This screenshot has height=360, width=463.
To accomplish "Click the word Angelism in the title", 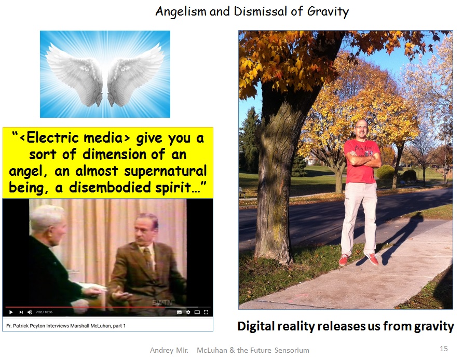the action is [181, 12].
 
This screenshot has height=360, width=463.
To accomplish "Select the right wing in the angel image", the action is [135, 74].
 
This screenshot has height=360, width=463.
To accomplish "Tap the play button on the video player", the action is [11, 312].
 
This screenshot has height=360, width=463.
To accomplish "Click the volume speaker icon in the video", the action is [30, 312].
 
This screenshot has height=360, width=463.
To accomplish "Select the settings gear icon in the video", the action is [188, 312].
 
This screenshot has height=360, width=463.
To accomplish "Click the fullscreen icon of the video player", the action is [206, 312].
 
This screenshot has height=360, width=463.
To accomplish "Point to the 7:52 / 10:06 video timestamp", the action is [44, 312].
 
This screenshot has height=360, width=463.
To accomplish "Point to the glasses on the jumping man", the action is [361, 127].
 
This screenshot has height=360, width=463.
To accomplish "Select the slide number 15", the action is [443, 349].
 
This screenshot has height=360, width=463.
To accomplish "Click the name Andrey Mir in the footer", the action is [169, 350].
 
